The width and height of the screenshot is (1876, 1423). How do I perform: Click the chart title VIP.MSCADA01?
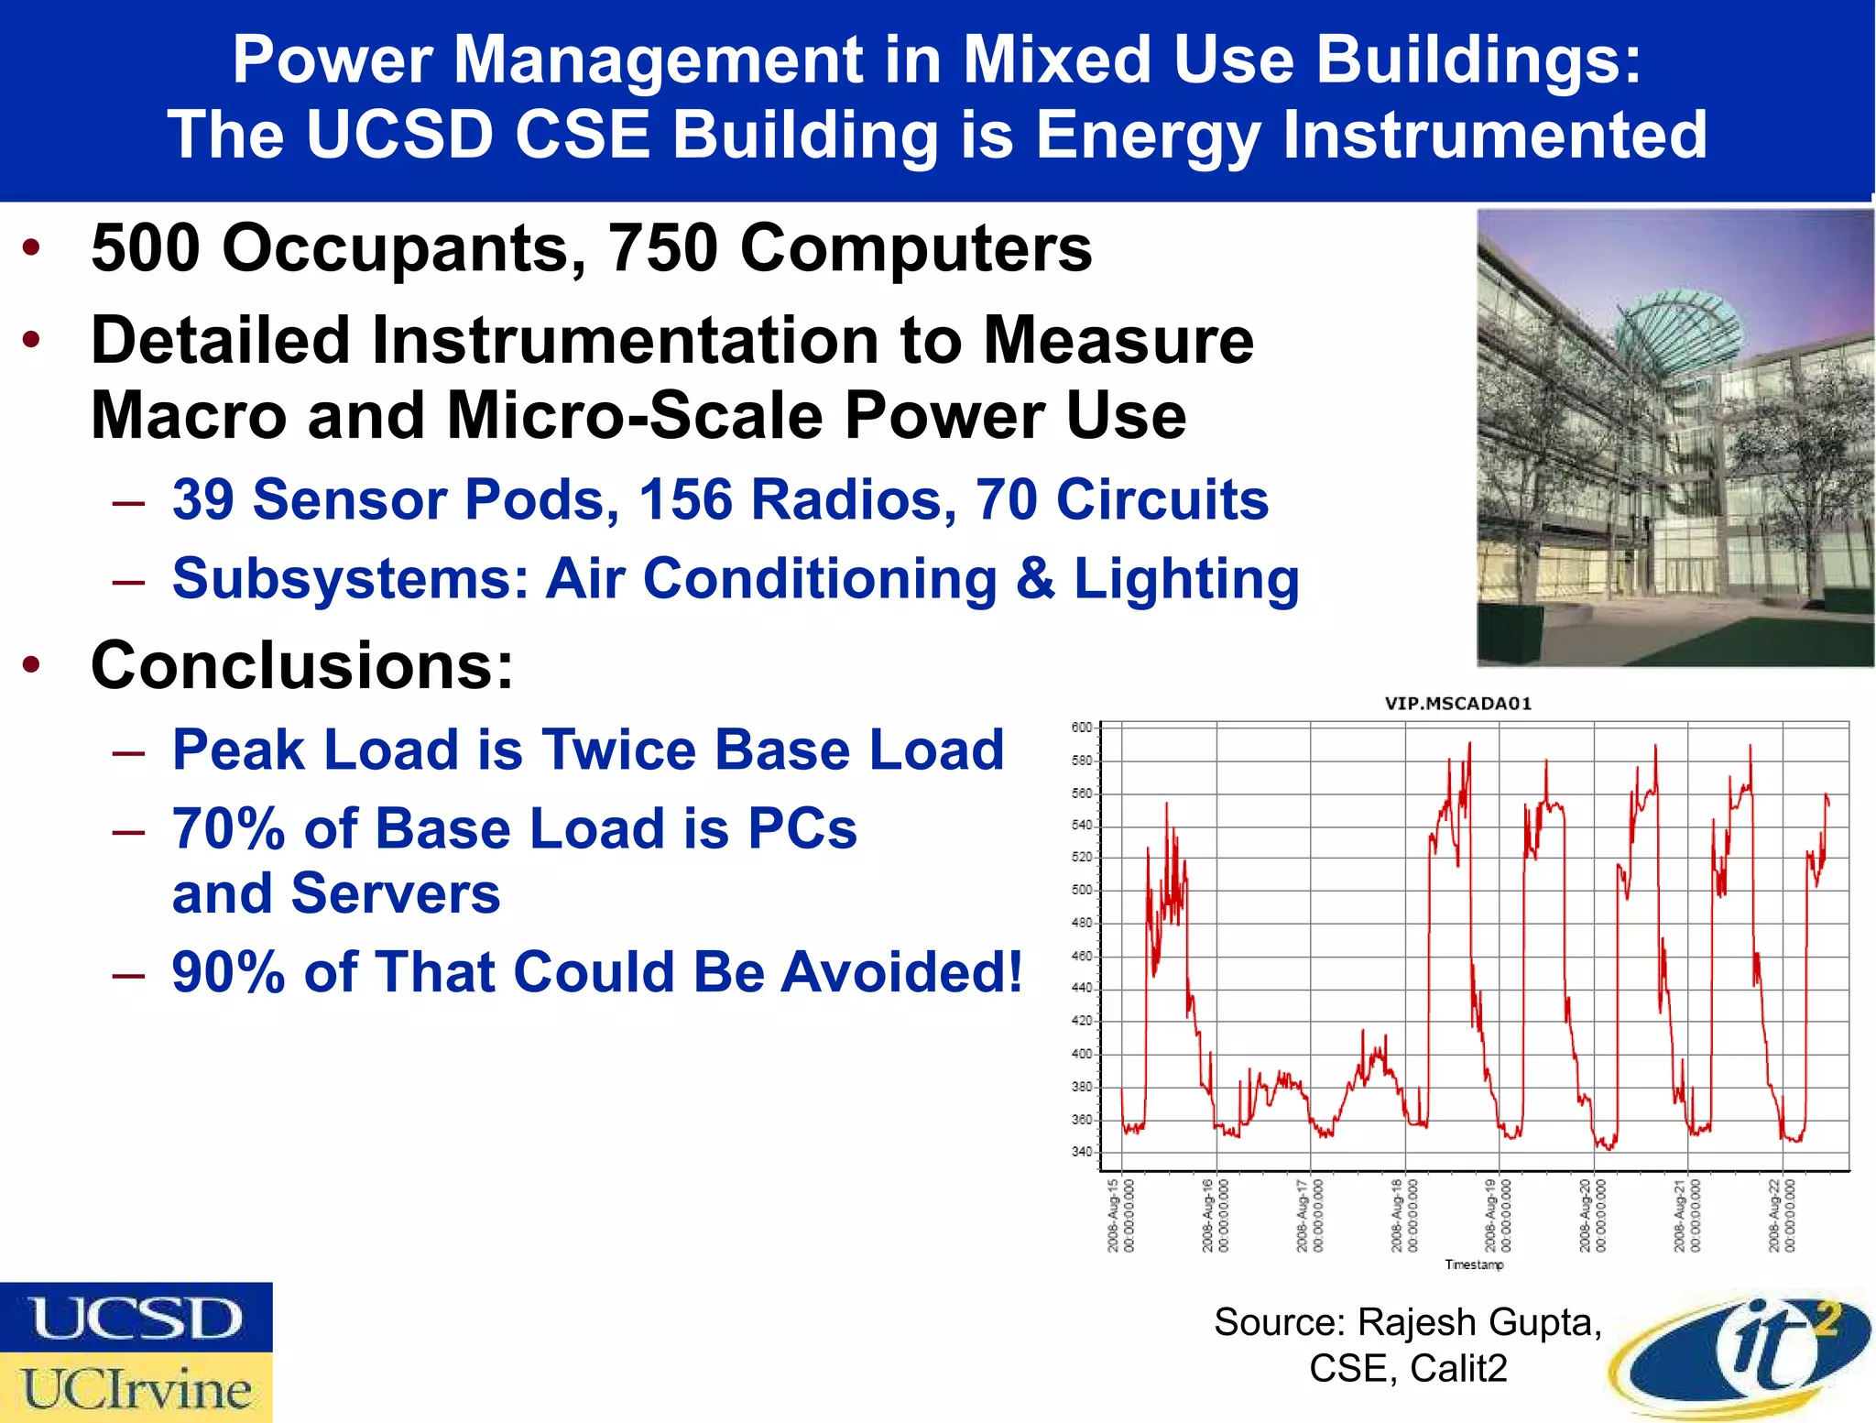click(x=1457, y=704)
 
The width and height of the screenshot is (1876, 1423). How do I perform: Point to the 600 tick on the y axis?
click(x=1082, y=728)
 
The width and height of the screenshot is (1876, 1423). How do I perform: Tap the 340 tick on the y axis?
click(x=1082, y=1152)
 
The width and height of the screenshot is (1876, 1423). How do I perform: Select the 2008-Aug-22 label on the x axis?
click(x=1782, y=1215)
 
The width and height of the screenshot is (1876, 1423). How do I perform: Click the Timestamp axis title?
click(x=1474, y=1264)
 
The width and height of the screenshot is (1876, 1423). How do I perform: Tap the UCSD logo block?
click(x=136, y=1318)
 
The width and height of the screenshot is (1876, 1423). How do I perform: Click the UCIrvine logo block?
click(x=136, y=1388)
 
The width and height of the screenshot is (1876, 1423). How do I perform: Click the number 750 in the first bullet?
click(x=663, y=248)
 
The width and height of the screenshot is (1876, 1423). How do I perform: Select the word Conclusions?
click(x=302, y=666)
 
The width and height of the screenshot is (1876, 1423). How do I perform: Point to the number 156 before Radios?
click(x=686, y=500)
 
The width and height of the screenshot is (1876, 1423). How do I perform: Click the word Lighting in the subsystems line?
click(x=1186, y=580)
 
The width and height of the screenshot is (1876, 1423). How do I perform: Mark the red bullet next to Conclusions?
click(x=32, y=665)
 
